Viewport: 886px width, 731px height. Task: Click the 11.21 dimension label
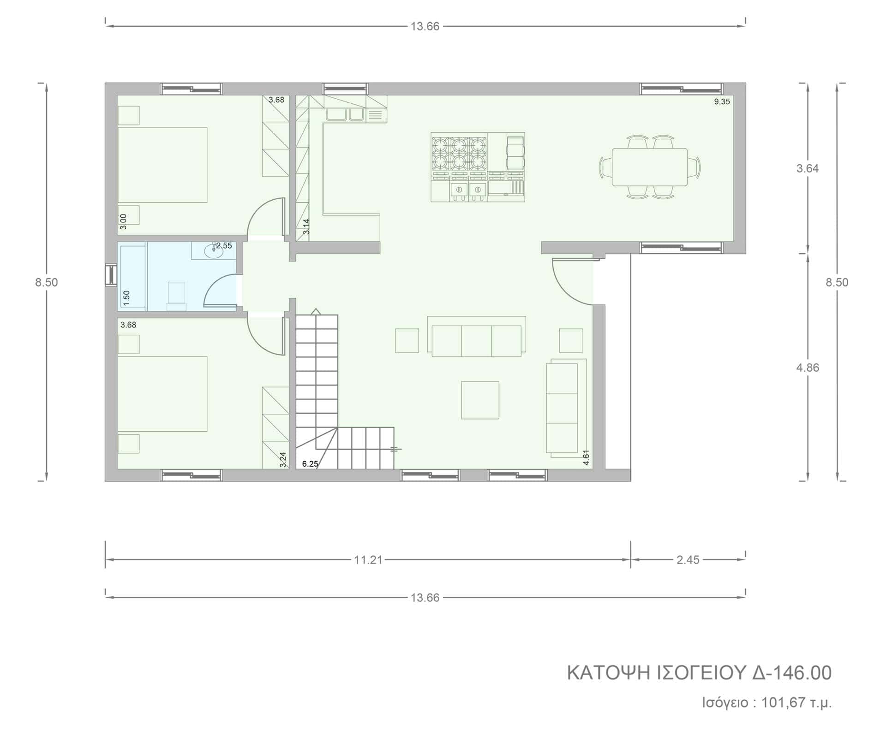[x=368, y=560]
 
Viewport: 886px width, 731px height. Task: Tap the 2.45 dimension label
[x=688, y=560]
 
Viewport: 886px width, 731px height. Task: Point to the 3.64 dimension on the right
[x=808, y=169]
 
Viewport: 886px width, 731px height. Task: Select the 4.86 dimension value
[x=808, y=368]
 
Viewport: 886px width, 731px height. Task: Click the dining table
[x=650, y=167]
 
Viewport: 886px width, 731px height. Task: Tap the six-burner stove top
[x=459, y=154]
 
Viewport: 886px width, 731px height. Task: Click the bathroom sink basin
[x=213, y=251]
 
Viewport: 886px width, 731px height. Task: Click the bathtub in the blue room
[x=133, y=276]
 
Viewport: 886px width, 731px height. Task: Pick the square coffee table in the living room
[x=480, y=400]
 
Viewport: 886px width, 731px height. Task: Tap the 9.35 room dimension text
[x=722, y=102]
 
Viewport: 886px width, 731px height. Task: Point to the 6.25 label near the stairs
[x=310, y=464]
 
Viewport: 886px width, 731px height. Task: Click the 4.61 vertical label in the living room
[x=586, y=457]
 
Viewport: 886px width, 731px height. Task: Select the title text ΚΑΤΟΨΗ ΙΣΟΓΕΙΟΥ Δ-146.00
[x=699, y=673]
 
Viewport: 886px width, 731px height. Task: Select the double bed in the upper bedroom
[x=162, y=165]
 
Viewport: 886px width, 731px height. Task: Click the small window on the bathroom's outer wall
[x=111, y=275]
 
